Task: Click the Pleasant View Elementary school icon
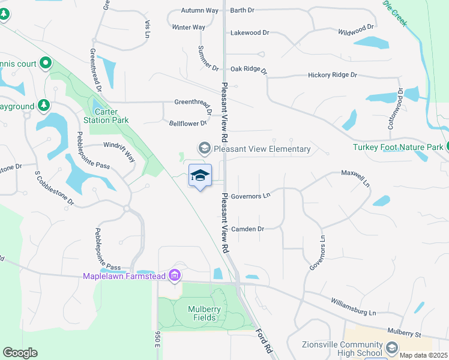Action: click(204, 148)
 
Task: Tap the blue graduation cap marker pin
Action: click(200, 175)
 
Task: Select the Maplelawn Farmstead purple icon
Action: click(175, 275)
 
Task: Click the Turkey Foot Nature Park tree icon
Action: click(447, 148)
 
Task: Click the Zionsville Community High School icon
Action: click(391, 347)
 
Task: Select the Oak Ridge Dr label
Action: click(249, 69)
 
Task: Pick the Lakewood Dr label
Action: click(250, 33)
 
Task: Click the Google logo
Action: click(20, 353)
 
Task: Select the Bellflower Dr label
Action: click(188, 123)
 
